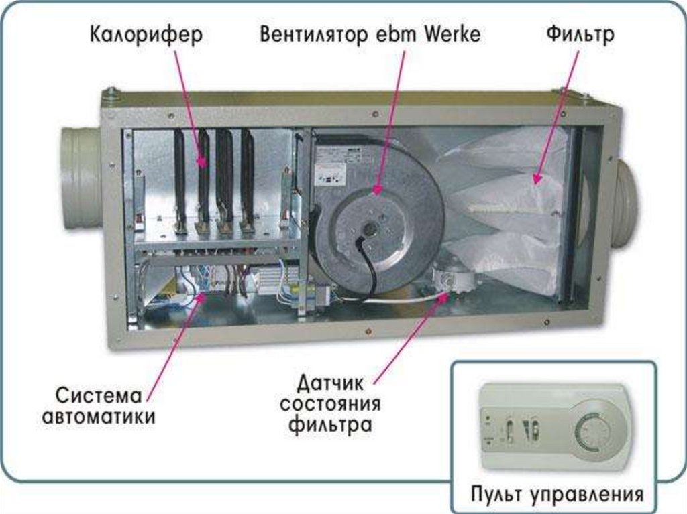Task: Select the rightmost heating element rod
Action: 248,178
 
